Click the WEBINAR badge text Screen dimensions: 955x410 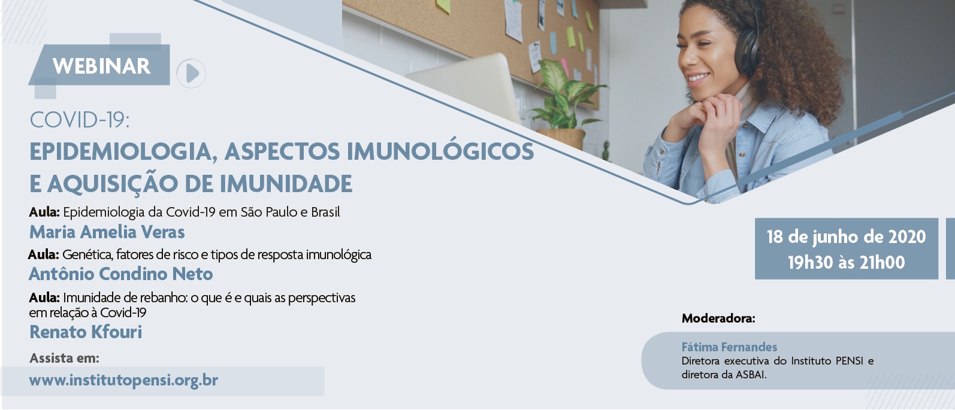[x=101, y=66]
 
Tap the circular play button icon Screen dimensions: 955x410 [x=191, y=73]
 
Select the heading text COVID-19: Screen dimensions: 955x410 [x=80, y=120]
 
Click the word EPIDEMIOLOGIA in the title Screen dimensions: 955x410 [x=120, y=152]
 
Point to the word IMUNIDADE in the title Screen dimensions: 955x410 [x=286, y=184]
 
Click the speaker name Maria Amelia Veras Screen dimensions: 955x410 [x=107, y=232]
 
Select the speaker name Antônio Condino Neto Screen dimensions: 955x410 [x=120, y=274]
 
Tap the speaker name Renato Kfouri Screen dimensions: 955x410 [x=86, y=332]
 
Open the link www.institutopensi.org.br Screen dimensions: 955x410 [x=123, y=379]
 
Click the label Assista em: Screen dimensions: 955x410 [x=64, y=359]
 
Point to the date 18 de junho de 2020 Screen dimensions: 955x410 [x=847, y=236]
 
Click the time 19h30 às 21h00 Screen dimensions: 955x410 [x=847, y=262]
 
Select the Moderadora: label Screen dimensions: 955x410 [x=718, y=318]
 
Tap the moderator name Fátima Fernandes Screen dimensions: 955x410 [x=729, y=347]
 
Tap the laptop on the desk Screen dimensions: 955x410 [x=465, y=85]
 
